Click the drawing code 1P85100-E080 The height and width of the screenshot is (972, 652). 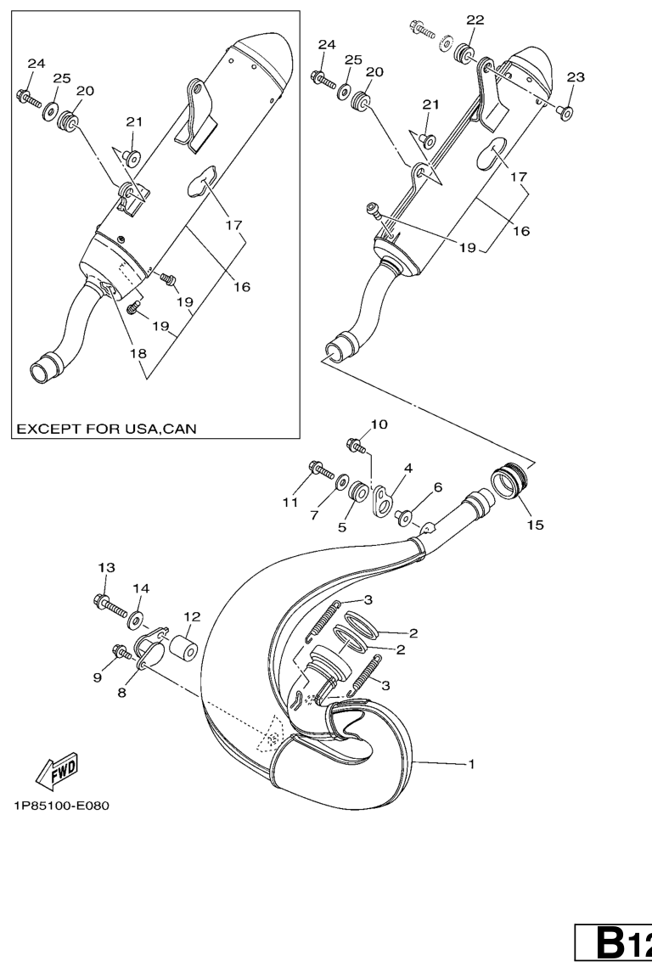point(61,806)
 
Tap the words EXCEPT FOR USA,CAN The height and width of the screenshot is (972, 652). point(106,429)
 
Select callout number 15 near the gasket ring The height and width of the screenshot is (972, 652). point(535,525)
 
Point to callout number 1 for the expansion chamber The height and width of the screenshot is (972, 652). point(471,764)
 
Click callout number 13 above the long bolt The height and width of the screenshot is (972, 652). point(107,567)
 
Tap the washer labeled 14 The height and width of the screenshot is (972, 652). point(134,619)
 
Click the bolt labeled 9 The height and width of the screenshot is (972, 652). point(121,651)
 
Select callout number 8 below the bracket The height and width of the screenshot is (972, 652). point(121,693)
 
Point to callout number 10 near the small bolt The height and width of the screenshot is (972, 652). point(379,424)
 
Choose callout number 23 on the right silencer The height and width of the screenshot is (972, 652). point(575,77)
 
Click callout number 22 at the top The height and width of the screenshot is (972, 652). point(475,20)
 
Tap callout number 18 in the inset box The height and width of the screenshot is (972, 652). point(138,353)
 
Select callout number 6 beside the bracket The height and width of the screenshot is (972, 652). point(437,487)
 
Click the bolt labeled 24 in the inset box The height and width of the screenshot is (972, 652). point(27,98)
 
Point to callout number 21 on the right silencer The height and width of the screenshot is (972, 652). point(430,104)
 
